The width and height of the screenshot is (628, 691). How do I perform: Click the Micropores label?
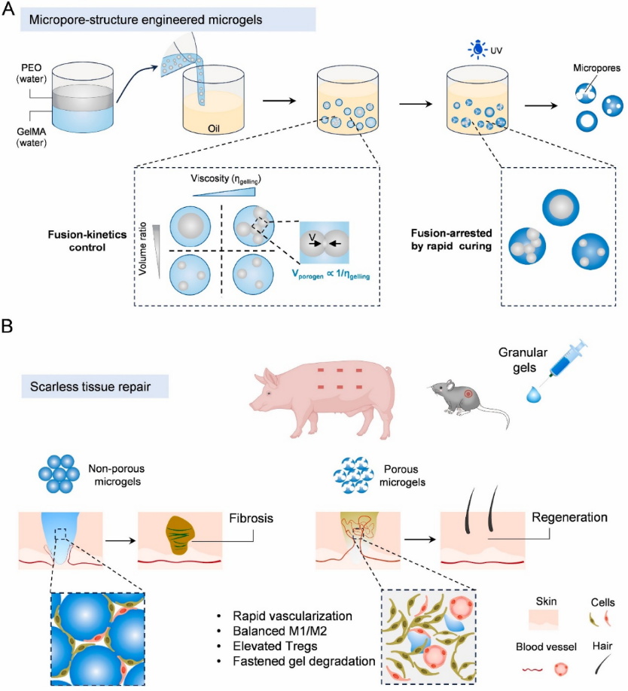[x=600, y=68]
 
